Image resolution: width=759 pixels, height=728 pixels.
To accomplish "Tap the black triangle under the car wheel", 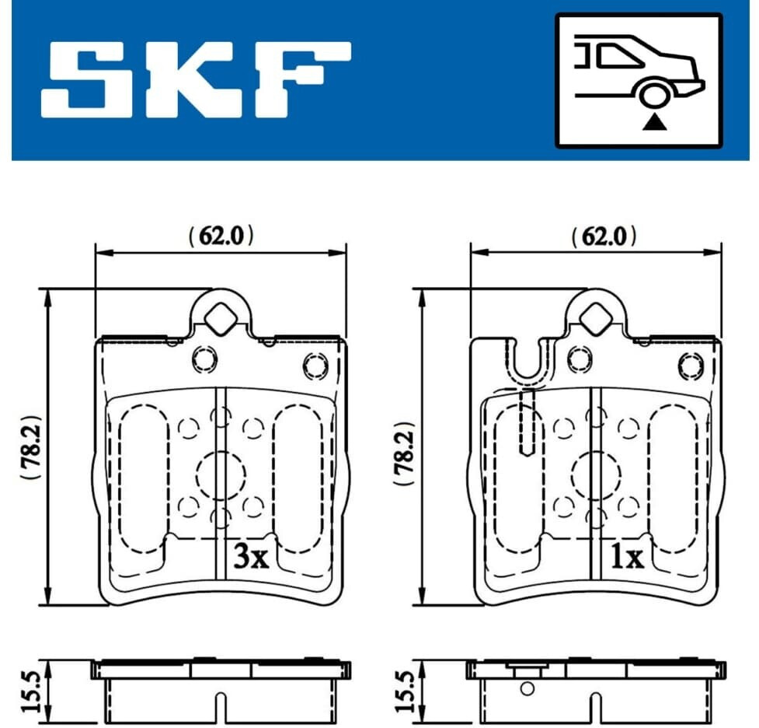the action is (654, 123).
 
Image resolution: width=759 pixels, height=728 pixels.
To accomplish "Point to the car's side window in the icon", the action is (619, 55).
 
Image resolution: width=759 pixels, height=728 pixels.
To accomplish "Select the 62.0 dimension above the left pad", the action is (221, 236).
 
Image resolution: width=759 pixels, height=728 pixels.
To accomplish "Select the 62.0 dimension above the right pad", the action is (604, 236).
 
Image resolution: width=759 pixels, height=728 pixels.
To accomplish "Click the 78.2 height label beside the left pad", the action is (32, 446).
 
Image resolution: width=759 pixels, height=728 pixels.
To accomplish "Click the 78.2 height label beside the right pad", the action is (405, 453).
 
